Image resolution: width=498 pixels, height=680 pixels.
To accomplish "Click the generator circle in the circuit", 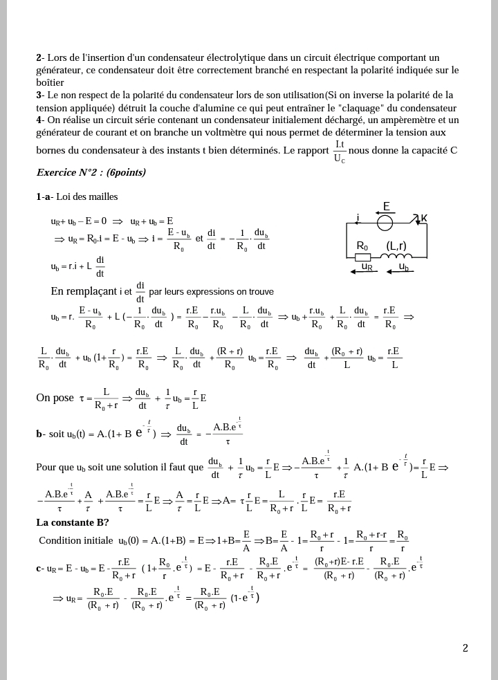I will [x=386, y=222].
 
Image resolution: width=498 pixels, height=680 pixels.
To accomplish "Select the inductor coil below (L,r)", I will [x=396, y=257].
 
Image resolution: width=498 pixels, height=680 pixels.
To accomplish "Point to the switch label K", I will [x=424, y=219].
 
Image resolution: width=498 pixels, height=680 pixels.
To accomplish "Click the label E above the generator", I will [x=387, y=206].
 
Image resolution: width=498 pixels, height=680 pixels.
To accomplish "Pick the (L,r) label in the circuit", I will [x=396, y=246].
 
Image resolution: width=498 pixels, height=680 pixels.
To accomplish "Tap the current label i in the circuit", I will [x=358, y=218].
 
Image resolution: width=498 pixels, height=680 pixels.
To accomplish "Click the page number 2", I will [x=465, y=648].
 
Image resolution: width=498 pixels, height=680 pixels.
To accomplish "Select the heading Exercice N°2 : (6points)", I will [x=91, y=172].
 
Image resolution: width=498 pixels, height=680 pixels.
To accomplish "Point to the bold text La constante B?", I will [x=73, y=522].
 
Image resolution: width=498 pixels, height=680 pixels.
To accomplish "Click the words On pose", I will [x=55, y=398].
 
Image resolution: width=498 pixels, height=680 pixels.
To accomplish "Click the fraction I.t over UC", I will [x=340, y=151].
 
